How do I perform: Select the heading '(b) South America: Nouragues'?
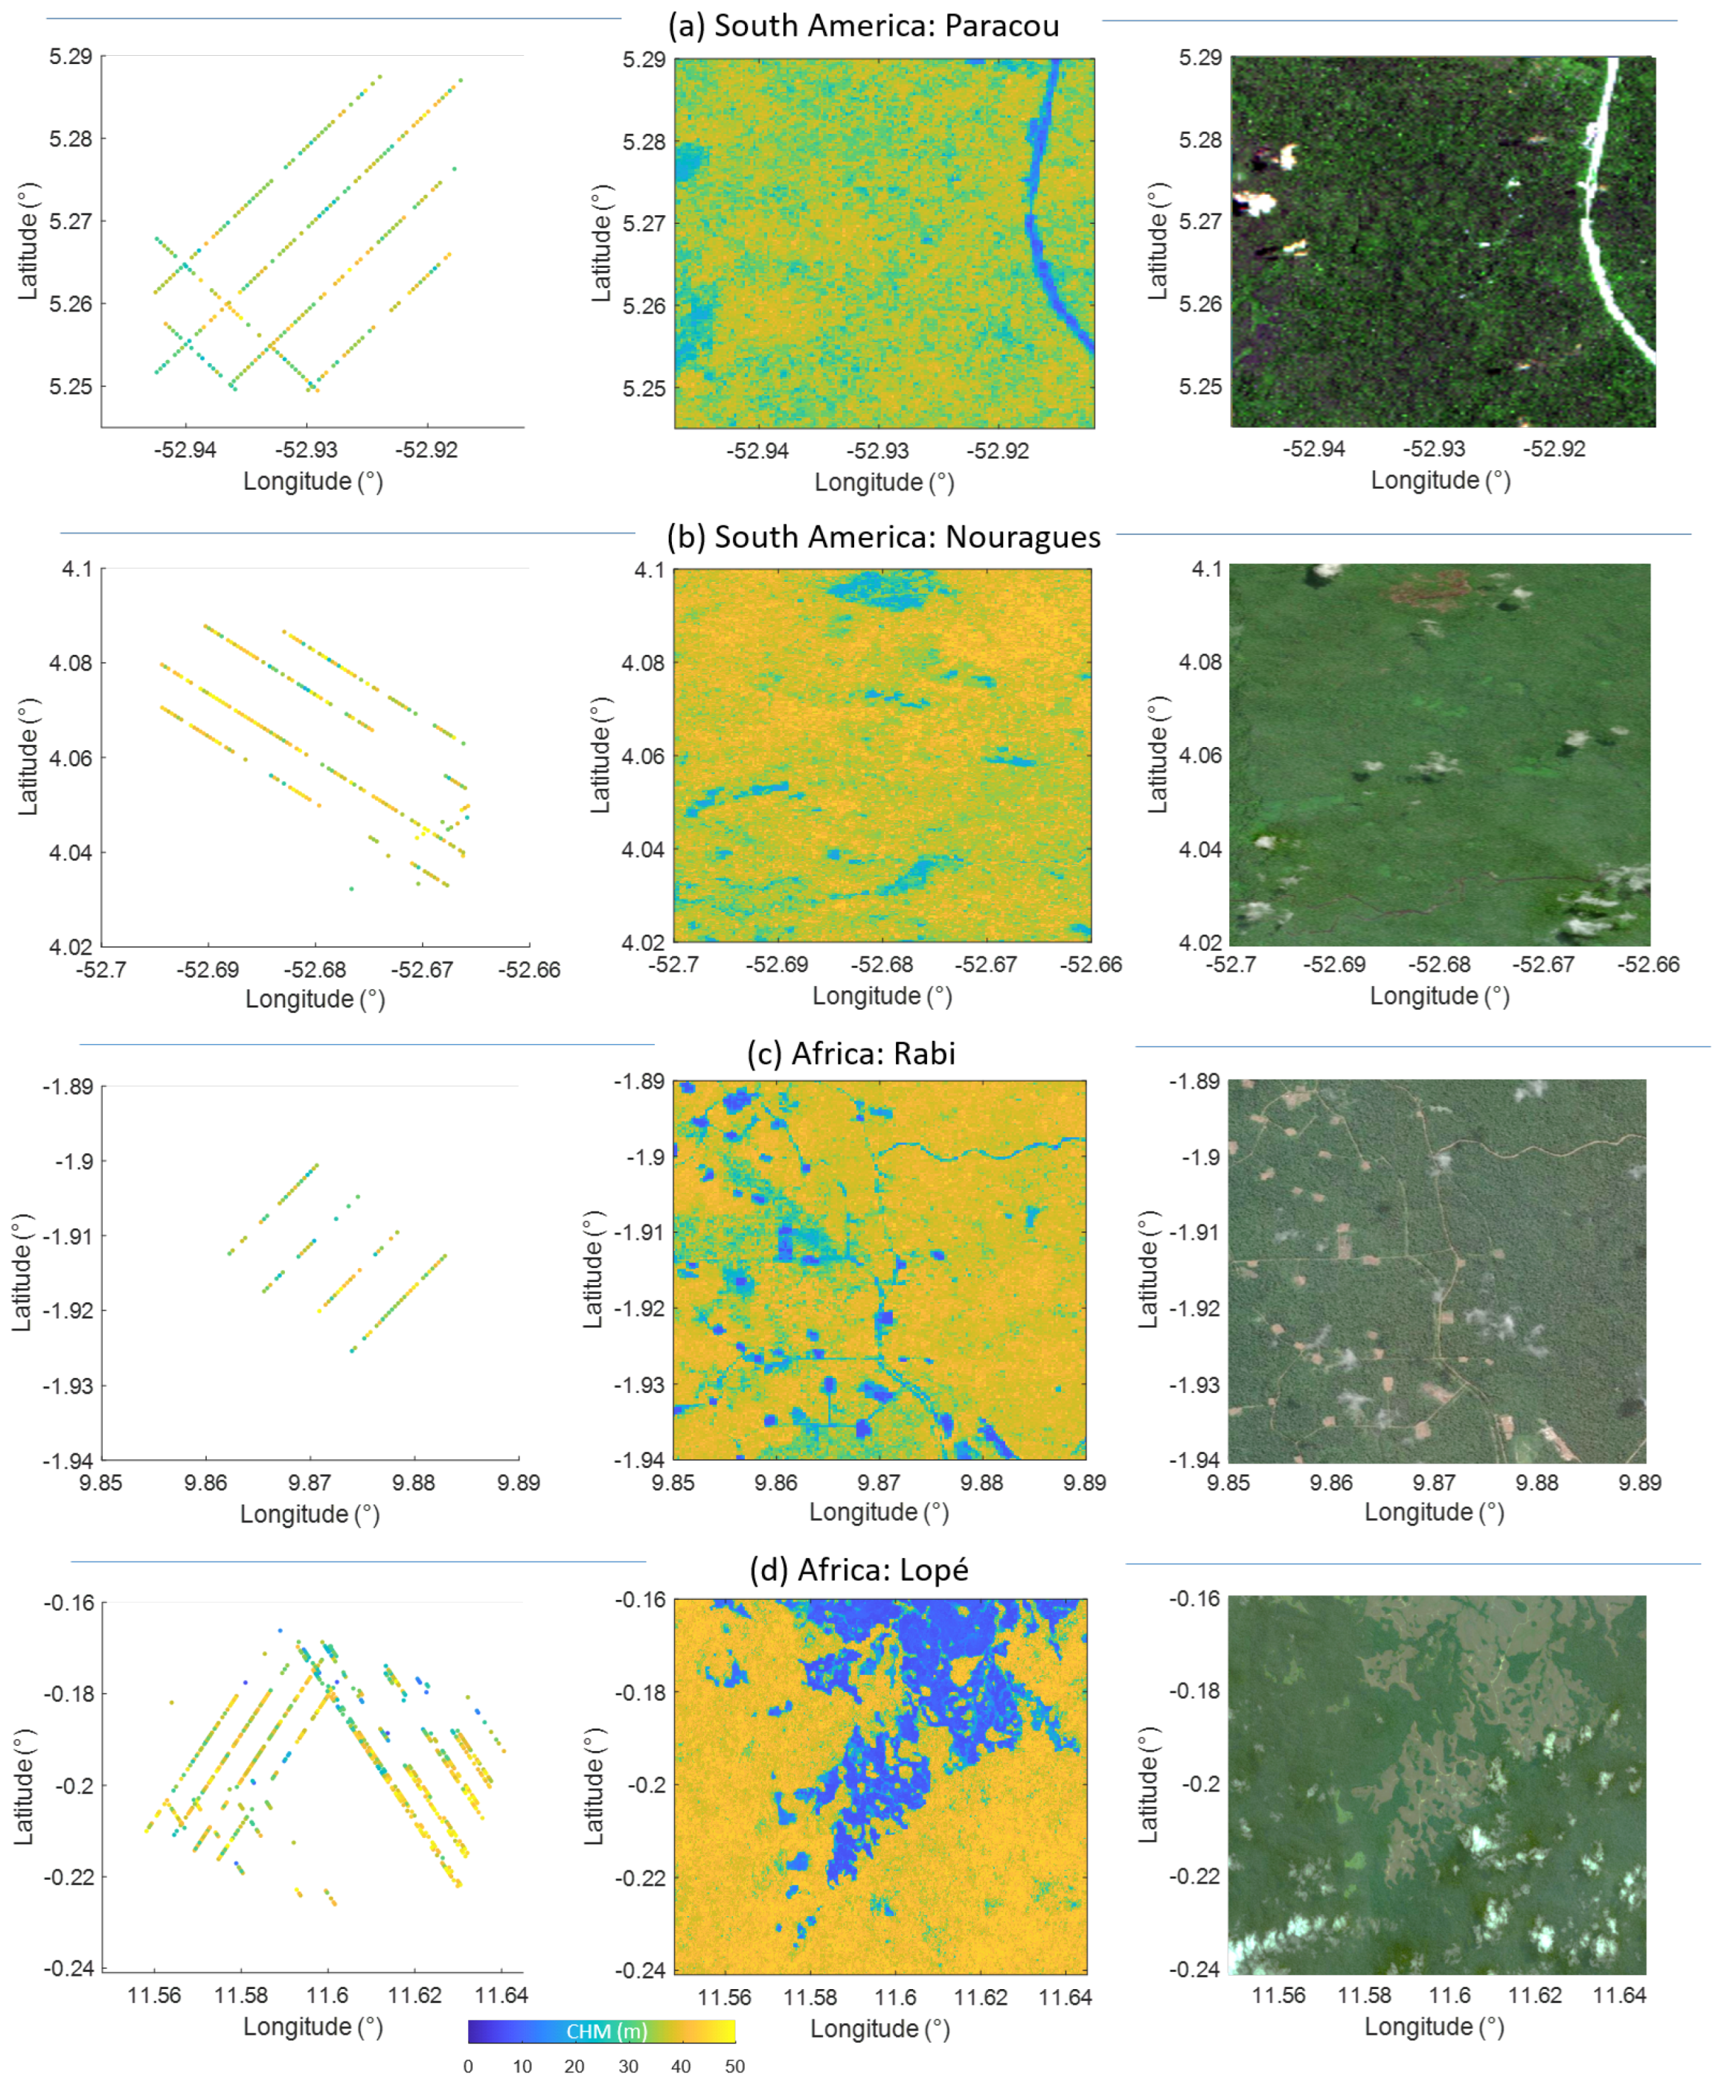coord(883,537)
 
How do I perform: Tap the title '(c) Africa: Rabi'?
coord(851,1053)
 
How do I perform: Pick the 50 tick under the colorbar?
coord(734,2066)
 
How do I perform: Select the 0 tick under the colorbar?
coord(469,2066)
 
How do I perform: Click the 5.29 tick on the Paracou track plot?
coord(71,57)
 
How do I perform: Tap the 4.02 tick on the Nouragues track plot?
coord(71,947)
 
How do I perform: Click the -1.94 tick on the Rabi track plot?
coord(68,1460)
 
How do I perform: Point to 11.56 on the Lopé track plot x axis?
coord(154,1996)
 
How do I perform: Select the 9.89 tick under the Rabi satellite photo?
coord(1640,1483)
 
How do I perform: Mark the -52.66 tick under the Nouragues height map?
coord(1090,964)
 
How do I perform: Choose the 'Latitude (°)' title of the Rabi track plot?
coord(22,1272)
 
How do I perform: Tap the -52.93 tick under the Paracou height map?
coord(877,451)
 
